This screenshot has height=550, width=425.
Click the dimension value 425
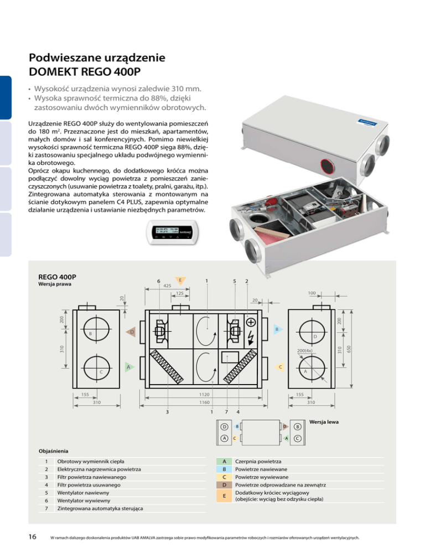166,287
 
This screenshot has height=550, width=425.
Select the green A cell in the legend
224,461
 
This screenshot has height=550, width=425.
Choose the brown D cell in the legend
224,485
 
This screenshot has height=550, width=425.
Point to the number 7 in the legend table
46,509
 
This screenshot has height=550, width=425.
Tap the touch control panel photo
170,234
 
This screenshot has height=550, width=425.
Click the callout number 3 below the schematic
168,411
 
